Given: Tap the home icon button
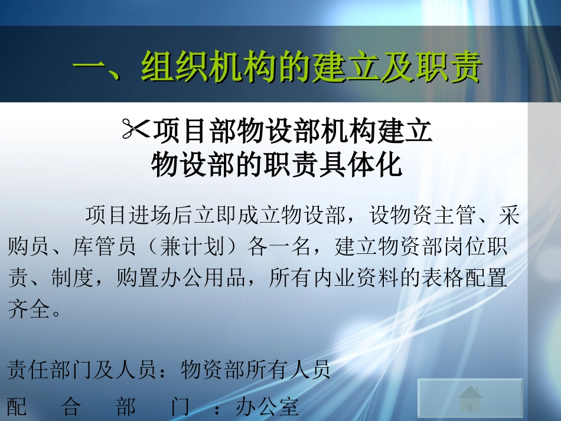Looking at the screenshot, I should [471, 399].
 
